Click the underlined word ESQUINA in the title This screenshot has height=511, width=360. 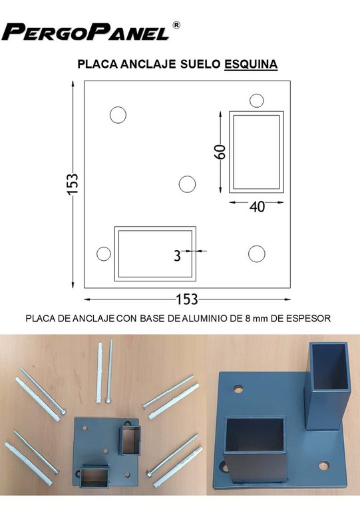point(251,64)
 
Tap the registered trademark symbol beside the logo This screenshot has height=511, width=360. point(176,25)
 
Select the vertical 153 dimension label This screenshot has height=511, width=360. point(73,184)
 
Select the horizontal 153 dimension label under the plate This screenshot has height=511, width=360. point(187,299)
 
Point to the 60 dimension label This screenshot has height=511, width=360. point(220,152)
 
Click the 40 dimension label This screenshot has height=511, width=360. point(258,207)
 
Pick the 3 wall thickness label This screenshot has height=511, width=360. point(177,256)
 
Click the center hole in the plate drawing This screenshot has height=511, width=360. point(188,184)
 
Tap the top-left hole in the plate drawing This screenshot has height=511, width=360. point(118,114)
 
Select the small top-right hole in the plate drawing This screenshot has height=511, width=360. point(257,100)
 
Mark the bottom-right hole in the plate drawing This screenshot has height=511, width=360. point(257,254)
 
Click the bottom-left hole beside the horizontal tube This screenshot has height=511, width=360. point(104,254)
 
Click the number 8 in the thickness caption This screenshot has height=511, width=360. point(247,319)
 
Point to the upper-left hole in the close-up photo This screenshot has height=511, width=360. point(239,389)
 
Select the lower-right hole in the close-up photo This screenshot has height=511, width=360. point(324,465)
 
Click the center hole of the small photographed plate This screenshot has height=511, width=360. point(106,451)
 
